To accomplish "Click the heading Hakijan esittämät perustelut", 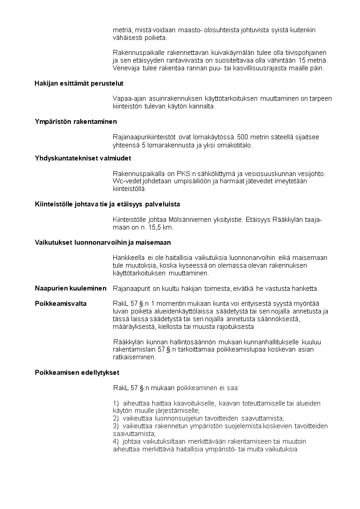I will tap(79, 83).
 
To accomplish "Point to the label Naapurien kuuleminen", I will tap(71, 288).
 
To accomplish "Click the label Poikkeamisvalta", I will tap(61, 303).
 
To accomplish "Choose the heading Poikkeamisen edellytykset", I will tap(77, 373).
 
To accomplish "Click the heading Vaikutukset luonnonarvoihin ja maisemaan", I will tap(103, 242).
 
